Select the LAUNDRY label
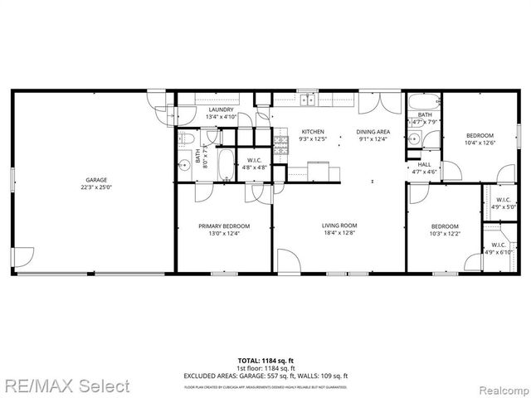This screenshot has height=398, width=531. (221, 109)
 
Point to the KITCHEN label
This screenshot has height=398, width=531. (313, 132)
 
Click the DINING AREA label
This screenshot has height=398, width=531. (373, 132)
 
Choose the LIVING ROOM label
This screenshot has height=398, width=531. (339, 226)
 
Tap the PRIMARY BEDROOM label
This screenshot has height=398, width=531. (223, 226)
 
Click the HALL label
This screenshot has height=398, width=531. (424, 164)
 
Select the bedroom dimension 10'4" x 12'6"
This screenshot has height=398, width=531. (480, 143)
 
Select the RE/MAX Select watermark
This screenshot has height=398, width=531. (66, 386)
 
